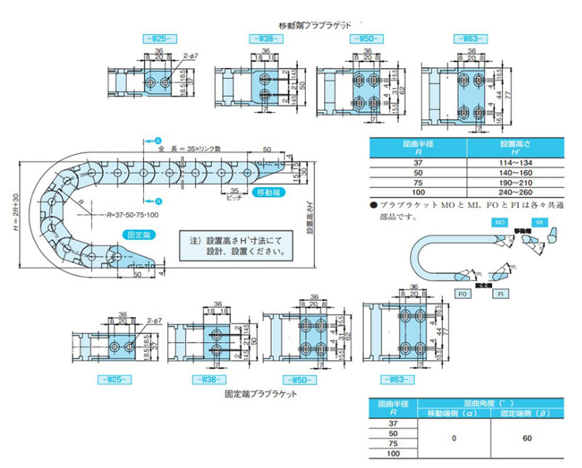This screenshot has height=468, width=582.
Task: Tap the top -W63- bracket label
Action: click(471, 39)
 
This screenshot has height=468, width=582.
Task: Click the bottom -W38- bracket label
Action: click(204, 381)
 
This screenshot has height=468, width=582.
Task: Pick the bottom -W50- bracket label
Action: click(302, 380)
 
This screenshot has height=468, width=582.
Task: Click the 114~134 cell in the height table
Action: click(513, 162)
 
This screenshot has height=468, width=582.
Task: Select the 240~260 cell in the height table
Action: click(513, 193)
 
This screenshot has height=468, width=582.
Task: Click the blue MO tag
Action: click(501, 222)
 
